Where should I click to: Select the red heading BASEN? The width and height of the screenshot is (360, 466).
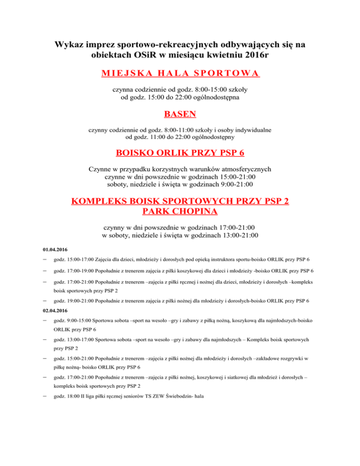180,114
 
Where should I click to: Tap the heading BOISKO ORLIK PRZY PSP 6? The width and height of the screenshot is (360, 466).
180,153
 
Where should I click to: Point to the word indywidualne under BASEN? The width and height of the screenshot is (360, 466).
250,129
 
